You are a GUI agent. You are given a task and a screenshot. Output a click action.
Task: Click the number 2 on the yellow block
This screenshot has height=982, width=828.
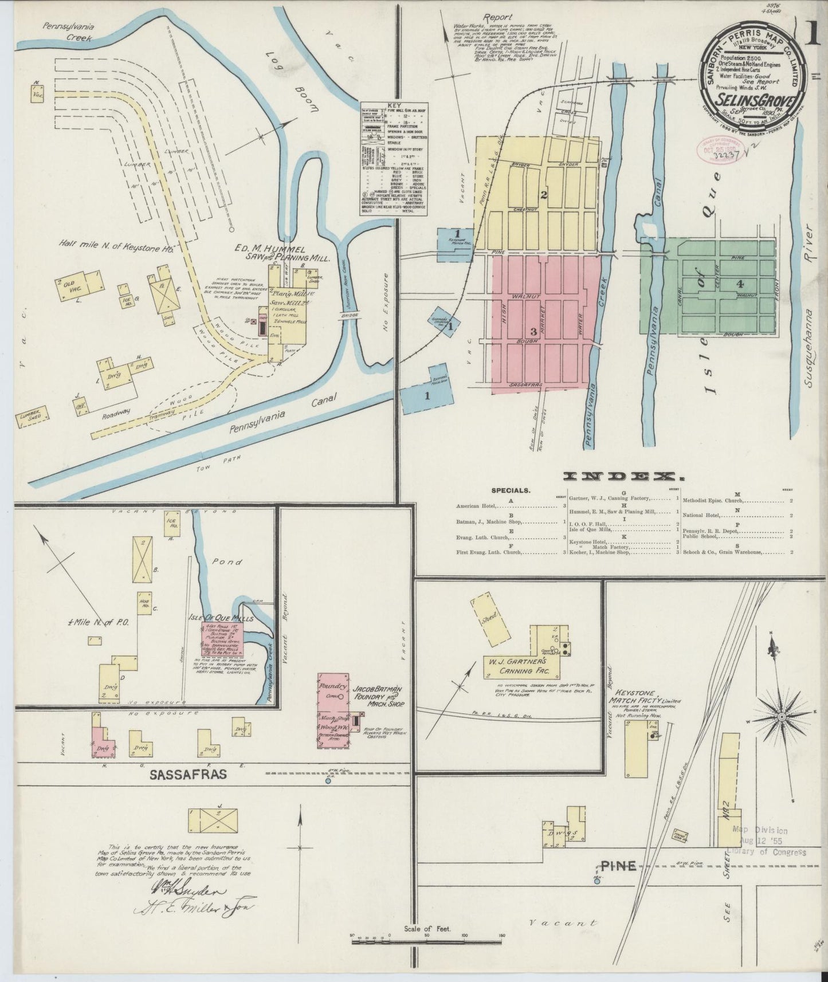click(544, 194)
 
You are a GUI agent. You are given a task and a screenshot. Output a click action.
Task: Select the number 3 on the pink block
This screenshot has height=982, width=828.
click(533, 331)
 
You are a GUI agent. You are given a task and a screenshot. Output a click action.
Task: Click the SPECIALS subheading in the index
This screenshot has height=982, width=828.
click(511, 490)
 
